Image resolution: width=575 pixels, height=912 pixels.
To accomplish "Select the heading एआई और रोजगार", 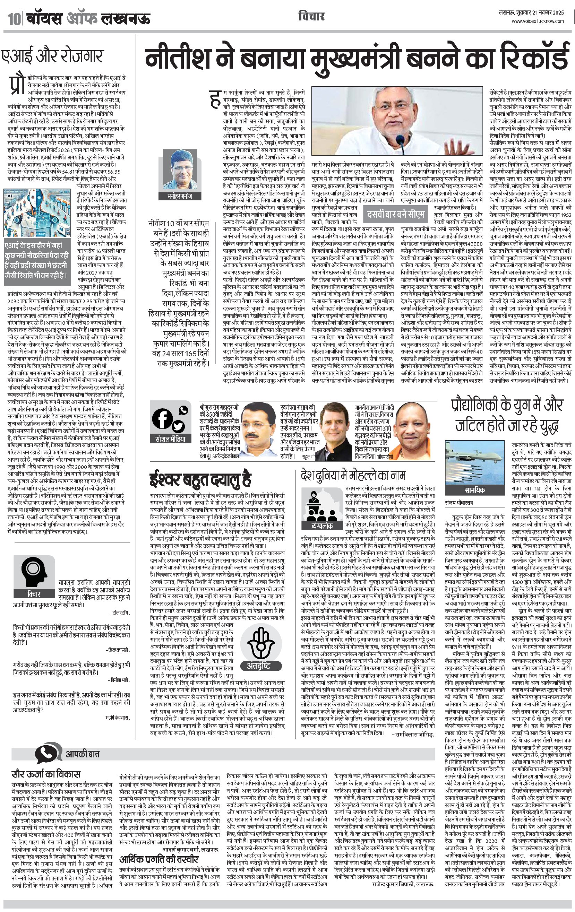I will tap(52, 56).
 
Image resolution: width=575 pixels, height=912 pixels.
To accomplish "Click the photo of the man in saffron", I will tap(415, 431).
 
